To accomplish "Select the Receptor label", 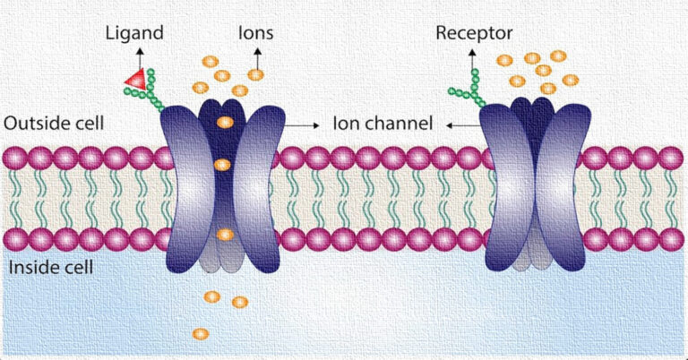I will pyautogui.click(x=474, y=35).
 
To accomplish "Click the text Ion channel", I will pyautogui.click(x=383, y=123).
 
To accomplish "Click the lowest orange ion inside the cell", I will pyautogui.click(x=201, y=334).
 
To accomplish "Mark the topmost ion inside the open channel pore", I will pyautogui.click(x=225, y=122).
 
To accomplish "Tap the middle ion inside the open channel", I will pyautogui.click(x=224, y=165).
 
